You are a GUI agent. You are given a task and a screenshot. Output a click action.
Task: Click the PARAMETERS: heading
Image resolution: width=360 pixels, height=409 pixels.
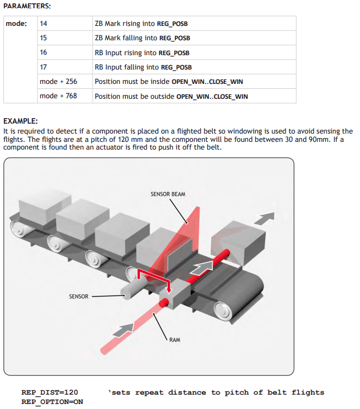[x=27, y=6]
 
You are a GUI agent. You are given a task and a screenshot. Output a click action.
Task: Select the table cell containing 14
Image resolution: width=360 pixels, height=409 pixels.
[x=65, y=24]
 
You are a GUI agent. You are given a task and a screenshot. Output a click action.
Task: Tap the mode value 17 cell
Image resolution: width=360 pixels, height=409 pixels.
[x=65, y=67]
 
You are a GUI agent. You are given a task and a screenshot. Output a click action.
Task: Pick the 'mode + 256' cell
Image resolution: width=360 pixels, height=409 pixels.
[x=65, y=81]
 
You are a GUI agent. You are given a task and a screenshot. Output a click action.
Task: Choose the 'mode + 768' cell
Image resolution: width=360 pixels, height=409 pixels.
[x=65, y=95]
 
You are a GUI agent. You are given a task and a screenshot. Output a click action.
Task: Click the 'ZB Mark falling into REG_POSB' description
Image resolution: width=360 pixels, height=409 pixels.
[x=142, y=38]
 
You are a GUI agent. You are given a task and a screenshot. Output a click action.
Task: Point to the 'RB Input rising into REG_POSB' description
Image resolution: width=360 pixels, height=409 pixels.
[x=142, y=52]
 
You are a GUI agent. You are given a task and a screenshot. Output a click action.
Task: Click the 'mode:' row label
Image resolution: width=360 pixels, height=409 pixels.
[x=16, y=24]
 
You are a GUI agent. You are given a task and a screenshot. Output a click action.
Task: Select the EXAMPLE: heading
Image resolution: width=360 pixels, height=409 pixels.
[x=20, y=121]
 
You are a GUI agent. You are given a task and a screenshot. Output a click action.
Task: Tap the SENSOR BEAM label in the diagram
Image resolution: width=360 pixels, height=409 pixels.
[x=168, y=194]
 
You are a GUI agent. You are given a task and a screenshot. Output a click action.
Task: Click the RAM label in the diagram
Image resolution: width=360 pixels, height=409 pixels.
[x=175, y=339]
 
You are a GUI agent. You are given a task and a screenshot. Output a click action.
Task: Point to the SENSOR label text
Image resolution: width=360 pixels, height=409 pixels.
[x=79, y=296]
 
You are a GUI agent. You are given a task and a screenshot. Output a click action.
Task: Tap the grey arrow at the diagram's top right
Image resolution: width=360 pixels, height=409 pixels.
[x=264, y=218]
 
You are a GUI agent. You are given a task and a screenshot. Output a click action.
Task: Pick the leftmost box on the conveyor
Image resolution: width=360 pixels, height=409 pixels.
[x=44, y=208]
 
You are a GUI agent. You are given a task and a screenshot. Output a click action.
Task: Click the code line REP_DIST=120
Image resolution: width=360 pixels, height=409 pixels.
[x=50, y=392]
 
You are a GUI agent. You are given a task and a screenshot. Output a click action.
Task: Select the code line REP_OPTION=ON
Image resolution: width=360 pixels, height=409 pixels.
[x=52, y=402]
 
